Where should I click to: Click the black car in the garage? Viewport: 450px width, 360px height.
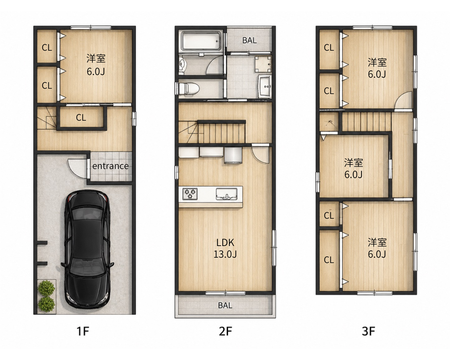coord(87,250)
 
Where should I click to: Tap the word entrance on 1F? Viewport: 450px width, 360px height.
coord(110,166)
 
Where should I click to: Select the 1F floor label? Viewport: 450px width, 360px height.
coord(83,331)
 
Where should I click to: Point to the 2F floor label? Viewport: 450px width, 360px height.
coord(225,331)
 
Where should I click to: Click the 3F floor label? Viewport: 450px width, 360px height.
coord(368,331)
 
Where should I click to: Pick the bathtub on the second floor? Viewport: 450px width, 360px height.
coord(201,41)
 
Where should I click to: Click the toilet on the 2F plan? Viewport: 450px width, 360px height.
coord(189,89)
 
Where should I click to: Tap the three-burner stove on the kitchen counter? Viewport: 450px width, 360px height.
coord(190,194)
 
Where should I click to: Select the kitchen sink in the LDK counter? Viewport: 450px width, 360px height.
coord(226,194)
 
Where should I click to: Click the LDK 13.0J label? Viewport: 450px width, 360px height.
coord(225,249)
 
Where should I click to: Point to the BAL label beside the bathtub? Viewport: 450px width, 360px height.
coord(249,40)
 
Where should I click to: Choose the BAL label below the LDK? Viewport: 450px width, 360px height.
coord(225,306)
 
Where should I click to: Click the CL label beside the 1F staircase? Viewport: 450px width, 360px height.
coord(81,118)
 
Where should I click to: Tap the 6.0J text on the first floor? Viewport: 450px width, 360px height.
coord(96,72)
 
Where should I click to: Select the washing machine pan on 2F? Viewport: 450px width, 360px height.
coord(263,64)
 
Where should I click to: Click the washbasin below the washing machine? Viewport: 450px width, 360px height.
coord(265,86)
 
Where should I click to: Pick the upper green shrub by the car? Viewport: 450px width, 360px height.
coord(46,288)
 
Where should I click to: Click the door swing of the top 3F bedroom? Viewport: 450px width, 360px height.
coord(403,100)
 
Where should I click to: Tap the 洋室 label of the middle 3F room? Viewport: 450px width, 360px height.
coord(354,163)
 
